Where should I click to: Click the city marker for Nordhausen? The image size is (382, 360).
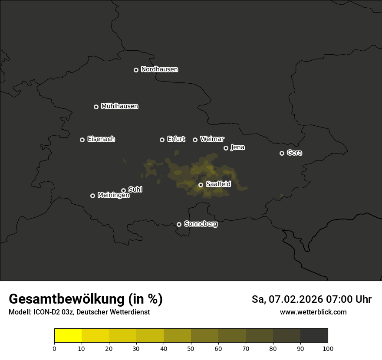136,70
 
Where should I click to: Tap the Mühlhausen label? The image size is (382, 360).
119,106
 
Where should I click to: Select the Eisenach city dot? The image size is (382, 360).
82,140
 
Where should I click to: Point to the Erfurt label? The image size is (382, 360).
176,139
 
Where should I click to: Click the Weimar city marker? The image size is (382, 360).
195,140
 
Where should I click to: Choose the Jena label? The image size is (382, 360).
237,147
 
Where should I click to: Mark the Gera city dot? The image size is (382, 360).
282,153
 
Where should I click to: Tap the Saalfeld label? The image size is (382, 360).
218,184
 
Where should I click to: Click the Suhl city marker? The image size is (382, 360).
123,190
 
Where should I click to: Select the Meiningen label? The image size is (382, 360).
113,196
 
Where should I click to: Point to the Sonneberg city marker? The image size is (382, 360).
179,224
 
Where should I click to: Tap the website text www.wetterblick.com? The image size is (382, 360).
313,312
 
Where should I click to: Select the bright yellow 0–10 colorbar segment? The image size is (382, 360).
68,336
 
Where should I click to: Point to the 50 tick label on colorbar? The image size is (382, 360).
191,348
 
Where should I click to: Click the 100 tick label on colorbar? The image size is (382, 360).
328,348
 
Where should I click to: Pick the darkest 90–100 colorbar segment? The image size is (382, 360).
314,336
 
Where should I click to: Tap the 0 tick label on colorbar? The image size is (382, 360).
54,348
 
